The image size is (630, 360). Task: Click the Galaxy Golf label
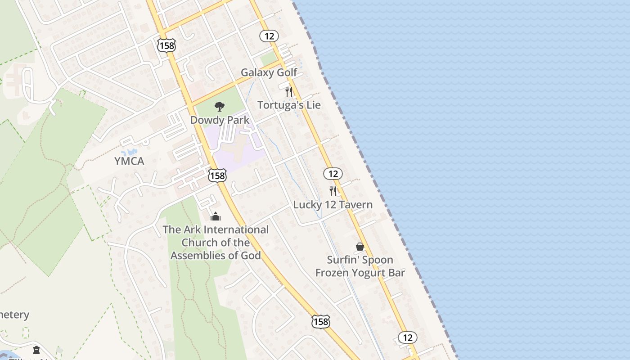(269, 72)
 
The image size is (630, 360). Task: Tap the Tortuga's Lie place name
(289, 105)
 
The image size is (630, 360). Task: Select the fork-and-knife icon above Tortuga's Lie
(289, 92)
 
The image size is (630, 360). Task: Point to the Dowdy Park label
(220, 120)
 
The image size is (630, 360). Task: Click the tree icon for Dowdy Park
(220, 107)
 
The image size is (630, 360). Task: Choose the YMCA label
(129, 161)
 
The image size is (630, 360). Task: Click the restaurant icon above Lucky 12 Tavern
(333, 191)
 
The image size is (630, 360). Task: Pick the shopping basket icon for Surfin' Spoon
(360, 247)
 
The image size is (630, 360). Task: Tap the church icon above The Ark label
(216, 217)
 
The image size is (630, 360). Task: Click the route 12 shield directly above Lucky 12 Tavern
(333, 174)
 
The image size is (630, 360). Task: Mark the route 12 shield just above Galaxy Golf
(269, 36)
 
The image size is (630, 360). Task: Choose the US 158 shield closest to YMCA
(217, 175)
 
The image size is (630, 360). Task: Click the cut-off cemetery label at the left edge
(14, 315)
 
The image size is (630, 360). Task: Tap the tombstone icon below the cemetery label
(36, 350)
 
